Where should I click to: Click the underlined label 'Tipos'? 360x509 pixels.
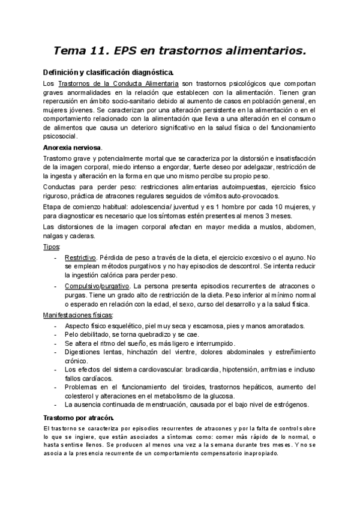[x=51, y=247]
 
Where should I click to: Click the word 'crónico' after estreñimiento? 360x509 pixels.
[x=76, y=362]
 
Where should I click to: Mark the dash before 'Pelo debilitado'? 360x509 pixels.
[x=56, y=334]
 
